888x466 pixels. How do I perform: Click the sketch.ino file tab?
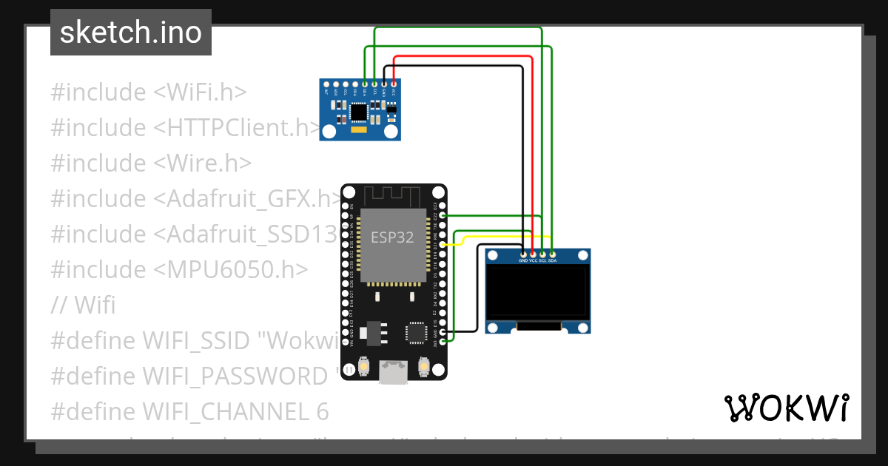tap(131, 33)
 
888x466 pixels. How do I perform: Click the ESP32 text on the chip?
tap(391, 237)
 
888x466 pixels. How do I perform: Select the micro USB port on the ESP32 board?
tap(394, 372)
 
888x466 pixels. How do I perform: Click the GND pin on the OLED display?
tap(523, 254)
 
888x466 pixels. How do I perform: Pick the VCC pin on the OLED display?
tap(533, 254)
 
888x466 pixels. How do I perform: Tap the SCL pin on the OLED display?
tap(542, 254)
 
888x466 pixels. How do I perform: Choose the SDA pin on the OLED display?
tap(552, 254)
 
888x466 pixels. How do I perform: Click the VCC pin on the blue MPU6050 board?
tap(393, 84)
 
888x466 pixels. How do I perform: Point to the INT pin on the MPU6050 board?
tap(326, 84)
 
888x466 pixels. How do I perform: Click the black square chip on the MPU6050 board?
tap(359, 112)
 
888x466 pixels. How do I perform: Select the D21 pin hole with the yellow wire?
tap(443, 244)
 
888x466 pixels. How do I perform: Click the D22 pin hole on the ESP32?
tap(443, 215)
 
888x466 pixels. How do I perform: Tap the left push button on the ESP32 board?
tap(363, 365)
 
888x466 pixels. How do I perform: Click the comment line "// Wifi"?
tap(83, 305)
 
